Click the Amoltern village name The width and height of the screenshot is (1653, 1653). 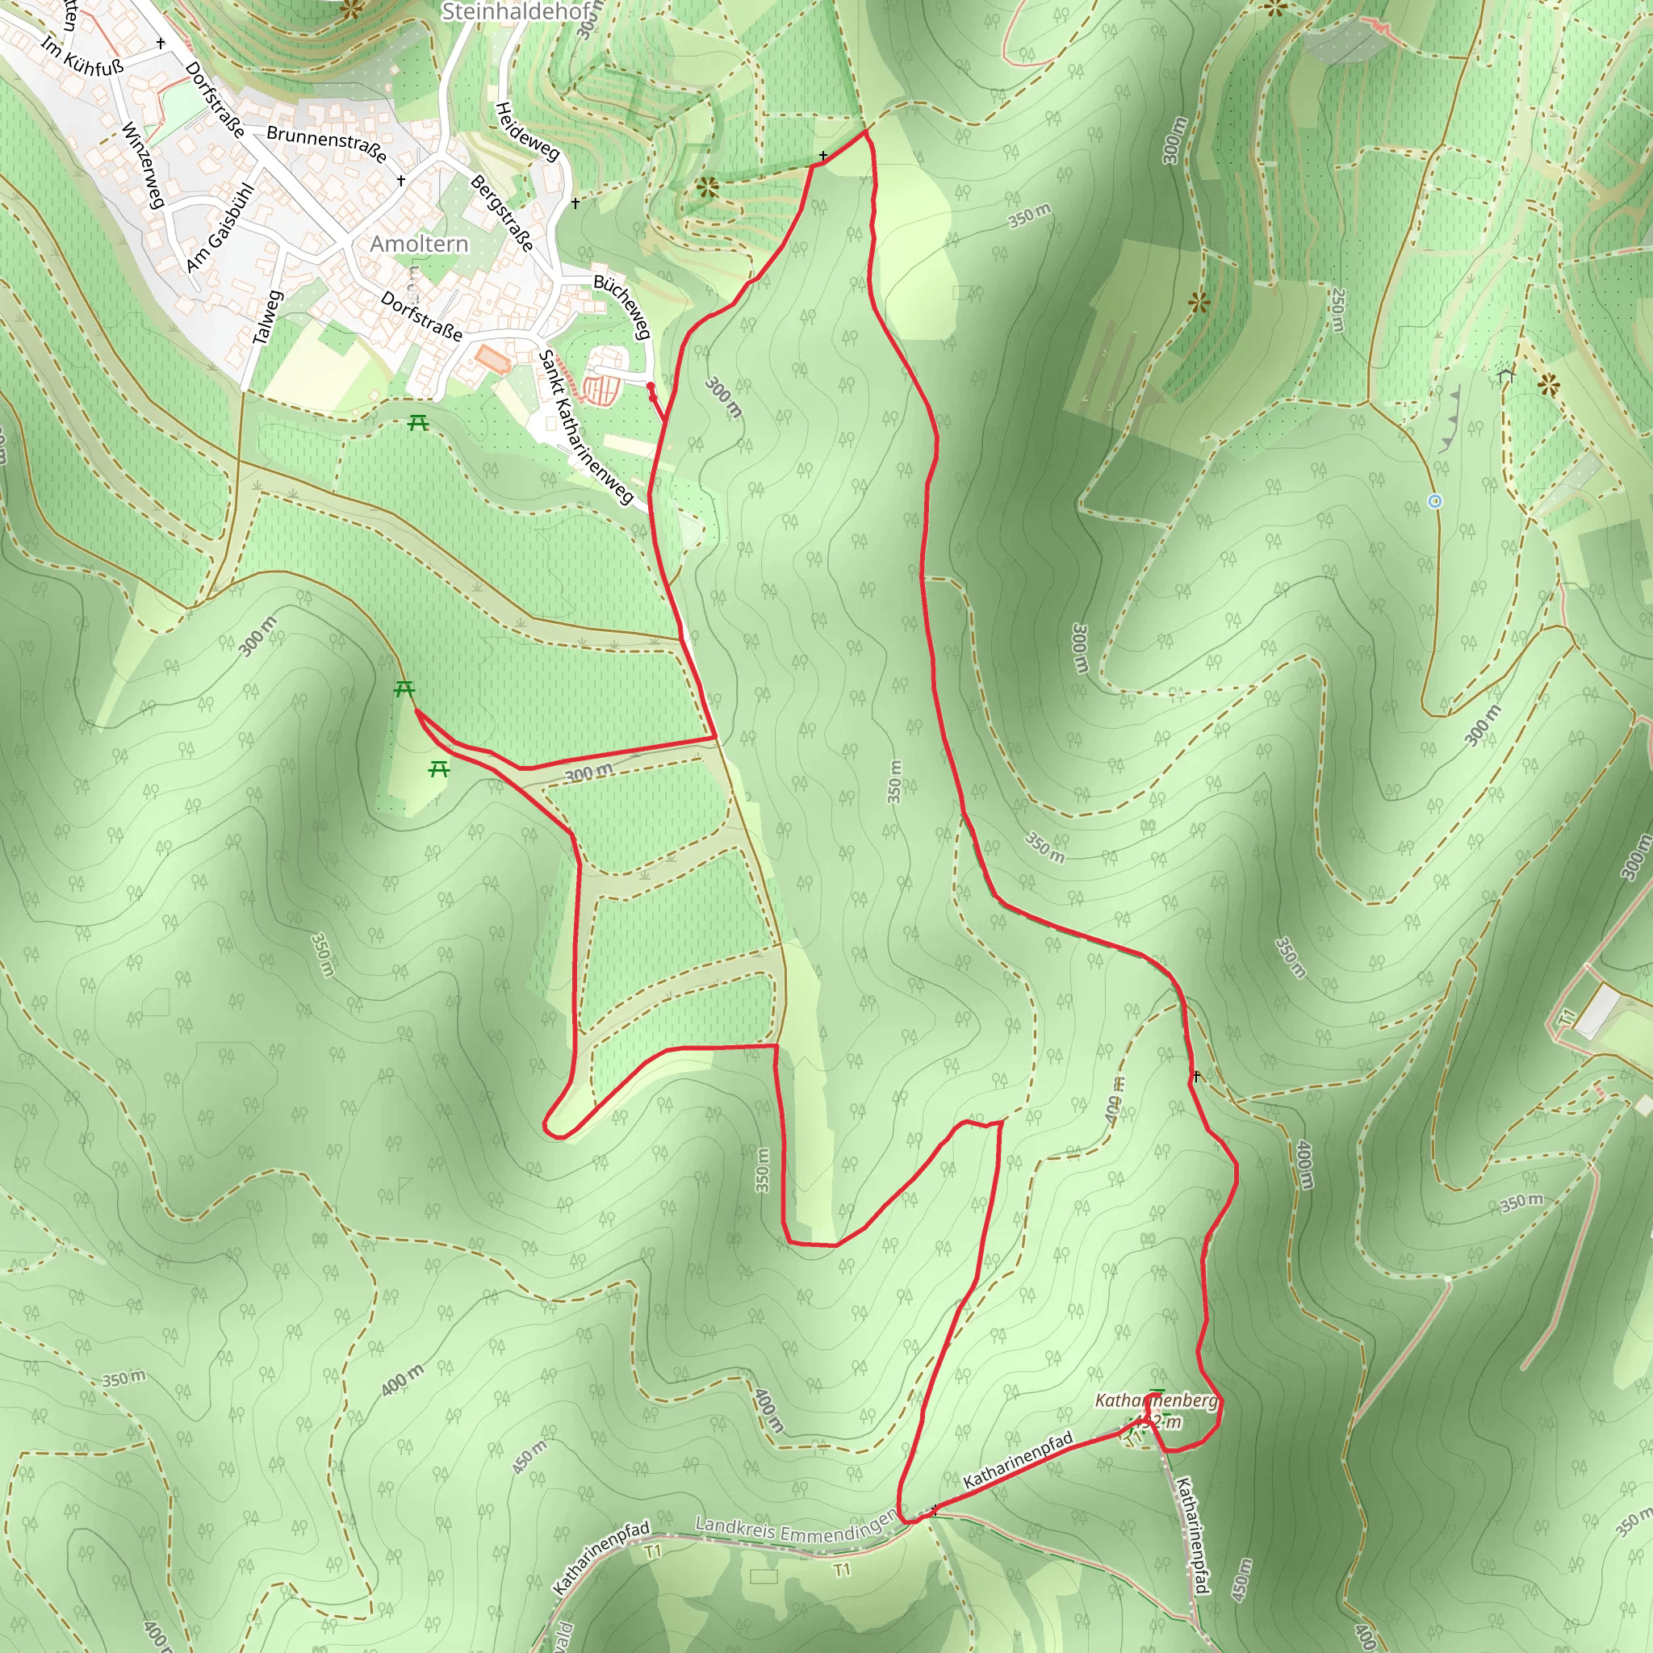pos(419,245)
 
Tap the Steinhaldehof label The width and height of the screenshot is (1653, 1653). pos(516,12)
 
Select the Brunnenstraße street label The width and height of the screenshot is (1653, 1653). pos(326,144)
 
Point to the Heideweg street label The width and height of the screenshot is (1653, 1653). pos(527,131)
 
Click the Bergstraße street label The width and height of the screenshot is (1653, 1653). pos(502,213)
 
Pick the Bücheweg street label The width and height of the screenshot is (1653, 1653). pos(623,306)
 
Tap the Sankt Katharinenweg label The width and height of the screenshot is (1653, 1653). pos(585,426)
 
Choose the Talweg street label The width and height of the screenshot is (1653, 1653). pos(268,317)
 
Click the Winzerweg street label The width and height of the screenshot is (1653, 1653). pos(142,166)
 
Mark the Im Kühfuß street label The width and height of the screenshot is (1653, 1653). pos(82,56)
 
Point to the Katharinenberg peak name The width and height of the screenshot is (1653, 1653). pos(1156,1400)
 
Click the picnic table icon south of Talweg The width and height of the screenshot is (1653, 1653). pos(417,422)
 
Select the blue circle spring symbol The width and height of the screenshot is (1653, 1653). pos(1435,501)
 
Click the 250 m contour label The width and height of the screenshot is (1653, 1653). pos(1337,310)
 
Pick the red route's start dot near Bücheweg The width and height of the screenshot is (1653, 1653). pos(651,387)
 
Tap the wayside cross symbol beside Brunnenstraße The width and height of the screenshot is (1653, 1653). pos(400,181)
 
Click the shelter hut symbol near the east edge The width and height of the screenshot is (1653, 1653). pos(1506,373)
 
